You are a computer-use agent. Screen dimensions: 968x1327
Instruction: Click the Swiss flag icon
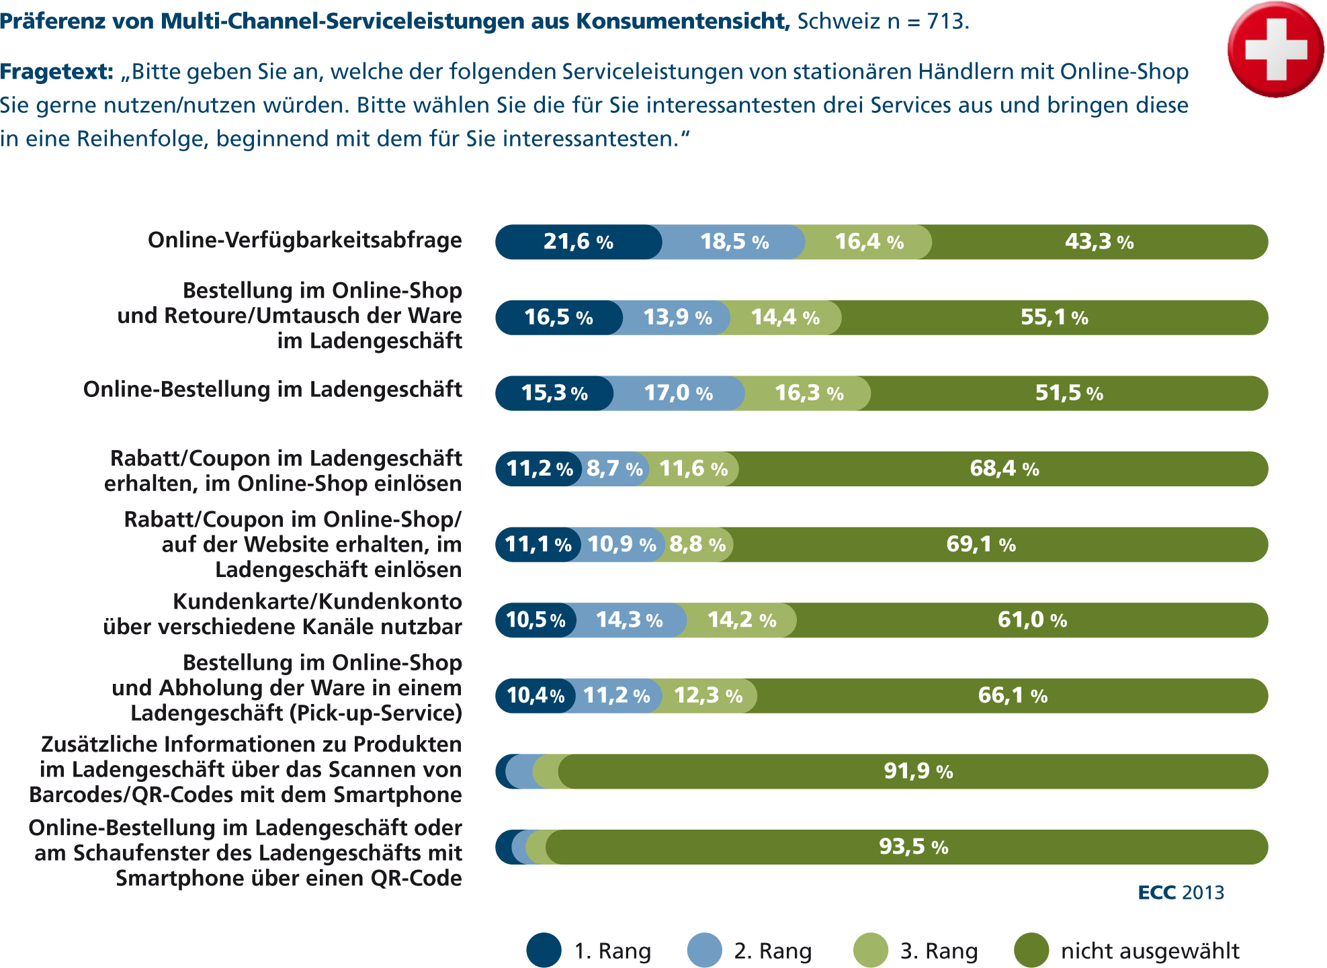pos(1275,49)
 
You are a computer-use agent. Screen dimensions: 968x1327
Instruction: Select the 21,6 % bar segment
pos(578,242)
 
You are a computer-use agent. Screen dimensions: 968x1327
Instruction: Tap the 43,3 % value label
pos(1099,242)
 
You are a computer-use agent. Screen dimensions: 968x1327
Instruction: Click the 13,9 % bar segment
pos(677,318)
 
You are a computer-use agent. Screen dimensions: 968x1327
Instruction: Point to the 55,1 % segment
pos(1054,318)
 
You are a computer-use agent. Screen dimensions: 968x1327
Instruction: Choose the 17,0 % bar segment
pos(678,393)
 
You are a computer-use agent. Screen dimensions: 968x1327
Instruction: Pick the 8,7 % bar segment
pos(614,469)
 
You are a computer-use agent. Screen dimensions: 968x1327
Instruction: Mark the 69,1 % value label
pos(981,544)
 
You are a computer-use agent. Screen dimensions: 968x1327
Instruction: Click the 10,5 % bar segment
pos(536,620)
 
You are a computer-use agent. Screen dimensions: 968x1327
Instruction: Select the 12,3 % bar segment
pos(708,695)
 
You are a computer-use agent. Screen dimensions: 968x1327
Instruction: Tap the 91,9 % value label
pos(918,771)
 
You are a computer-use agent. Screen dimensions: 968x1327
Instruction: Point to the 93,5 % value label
pos(914,846)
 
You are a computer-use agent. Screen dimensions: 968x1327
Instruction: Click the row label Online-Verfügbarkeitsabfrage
pos(304,240)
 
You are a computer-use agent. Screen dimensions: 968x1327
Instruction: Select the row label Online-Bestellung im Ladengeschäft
pos(272,390)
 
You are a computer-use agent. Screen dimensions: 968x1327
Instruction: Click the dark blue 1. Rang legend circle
pos(544,950)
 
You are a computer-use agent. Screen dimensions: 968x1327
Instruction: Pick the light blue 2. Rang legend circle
pos(704,950)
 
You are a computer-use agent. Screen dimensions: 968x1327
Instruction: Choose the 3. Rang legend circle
pos(870,950)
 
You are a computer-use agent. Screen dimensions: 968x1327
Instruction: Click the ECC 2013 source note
pos(1181,893)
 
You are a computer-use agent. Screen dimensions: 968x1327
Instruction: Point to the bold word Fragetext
pos(56,72)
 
